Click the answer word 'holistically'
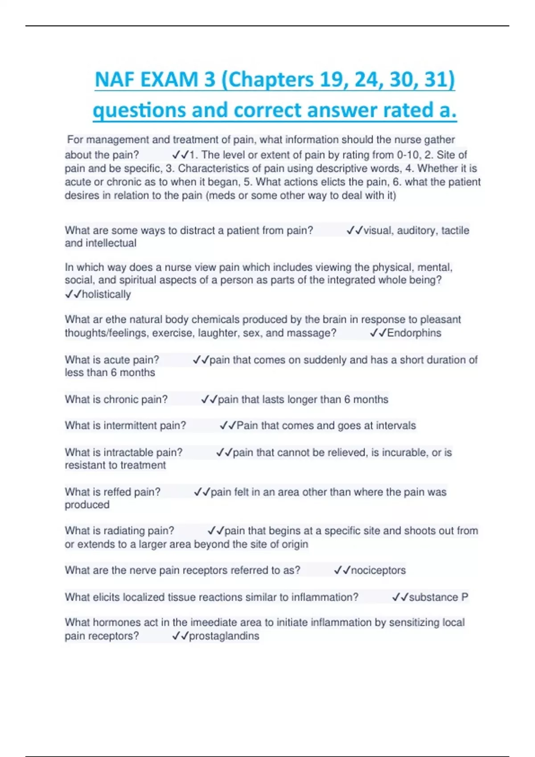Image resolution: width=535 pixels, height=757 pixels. click(x=106, y=294)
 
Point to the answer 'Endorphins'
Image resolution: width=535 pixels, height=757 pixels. click(x=414, y=333)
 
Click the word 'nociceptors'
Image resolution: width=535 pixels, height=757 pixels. click(x=378, y=570)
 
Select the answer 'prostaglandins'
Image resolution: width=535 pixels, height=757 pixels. click(x=224, y=636)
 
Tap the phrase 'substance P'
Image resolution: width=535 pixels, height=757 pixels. click(x=438, y=597)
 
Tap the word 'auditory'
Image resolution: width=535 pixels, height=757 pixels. click(x=416, y=231)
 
